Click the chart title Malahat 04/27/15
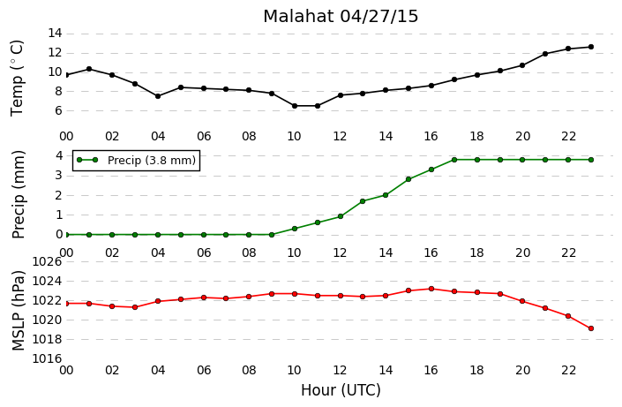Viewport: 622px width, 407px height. (x=341, y=16)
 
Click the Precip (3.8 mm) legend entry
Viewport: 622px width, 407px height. (x=137, y=160)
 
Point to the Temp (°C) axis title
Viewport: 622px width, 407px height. (x=17, y=79)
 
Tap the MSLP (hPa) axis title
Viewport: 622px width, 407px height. (x=19, y=311)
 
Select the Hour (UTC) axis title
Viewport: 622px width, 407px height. (x=341, y=390)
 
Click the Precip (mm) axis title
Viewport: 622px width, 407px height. (x=19, y=194)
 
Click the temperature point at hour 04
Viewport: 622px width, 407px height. (x=158, y=96)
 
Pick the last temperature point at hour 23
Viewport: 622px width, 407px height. (x=591, y=47)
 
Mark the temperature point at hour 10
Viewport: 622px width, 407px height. (x=295, y=106)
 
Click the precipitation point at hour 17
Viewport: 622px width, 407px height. (x=454, y=160)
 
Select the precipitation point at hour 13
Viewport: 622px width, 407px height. (x=363, y=201)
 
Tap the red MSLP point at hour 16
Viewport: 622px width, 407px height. (x=431, y=289)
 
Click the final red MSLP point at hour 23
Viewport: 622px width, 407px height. (x=591, y=328)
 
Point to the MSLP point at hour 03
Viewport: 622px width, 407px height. (x=135, y=307)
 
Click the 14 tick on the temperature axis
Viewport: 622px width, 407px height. (x=55, y=33)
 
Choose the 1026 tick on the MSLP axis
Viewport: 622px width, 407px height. (x=47, y=261)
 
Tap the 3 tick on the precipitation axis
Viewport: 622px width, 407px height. (x=59, y=175)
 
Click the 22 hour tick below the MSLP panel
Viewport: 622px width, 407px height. (x=568, y=370)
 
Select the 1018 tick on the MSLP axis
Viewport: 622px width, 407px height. (x=47, y=339)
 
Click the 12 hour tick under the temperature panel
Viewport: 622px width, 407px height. (x=340, y=137)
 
